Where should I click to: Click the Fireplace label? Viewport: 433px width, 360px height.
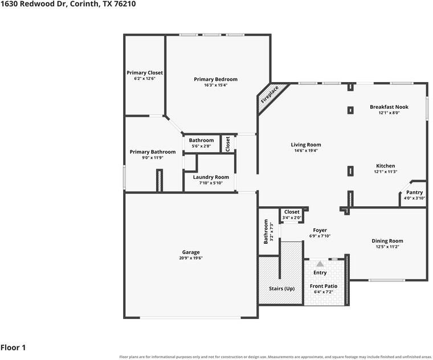pyautogui.click(x=270, y=95)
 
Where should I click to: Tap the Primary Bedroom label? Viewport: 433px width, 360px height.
pyautogui.click(x=216, y=79)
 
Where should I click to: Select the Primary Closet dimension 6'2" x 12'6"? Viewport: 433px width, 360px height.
pyautogui.click(x=145, y=79)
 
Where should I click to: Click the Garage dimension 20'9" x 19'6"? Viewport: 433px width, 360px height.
pyautogui.click(x=191, y=258)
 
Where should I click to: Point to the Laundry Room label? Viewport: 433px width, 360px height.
pyautogui.click(x=211, y=177)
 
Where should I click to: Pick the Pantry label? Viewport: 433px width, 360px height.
pyautogui.click(x=415, y=193)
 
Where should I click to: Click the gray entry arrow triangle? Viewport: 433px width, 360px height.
pyautogui.click(x=320, y=264)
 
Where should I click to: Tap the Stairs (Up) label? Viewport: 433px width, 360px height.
pyautogui.click(x=281, y=289)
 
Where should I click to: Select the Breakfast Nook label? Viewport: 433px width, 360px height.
pyautogui.click(x=389, y=107)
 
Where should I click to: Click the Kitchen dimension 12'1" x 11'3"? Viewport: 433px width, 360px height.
pyautogui.click(x=386, y=171)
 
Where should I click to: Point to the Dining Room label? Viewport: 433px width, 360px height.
pyautogui.click(x=387, y=241)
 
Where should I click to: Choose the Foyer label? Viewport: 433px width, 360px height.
pyautogui.click(x=320, y=230)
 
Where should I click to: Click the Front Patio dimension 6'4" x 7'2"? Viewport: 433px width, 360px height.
pyautogui.click(x=324, y=292)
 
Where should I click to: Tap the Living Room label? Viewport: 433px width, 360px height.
pyautogui.click(x=306, y=145)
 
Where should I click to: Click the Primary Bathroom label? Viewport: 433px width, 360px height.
pyautogui.click(x=153, y=152)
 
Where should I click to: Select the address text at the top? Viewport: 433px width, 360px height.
pyautogui.click(x=68, y=4)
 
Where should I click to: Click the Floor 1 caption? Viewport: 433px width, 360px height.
pyautogui.click(x=13, y=347)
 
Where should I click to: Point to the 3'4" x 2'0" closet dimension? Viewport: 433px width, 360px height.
pyautogui.click(x=292, y=218)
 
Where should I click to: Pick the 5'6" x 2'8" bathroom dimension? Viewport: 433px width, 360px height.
pyautogui.click(x=201, y=146)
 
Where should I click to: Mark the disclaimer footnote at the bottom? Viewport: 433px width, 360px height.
pyautogui.click(x=275, y=357)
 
